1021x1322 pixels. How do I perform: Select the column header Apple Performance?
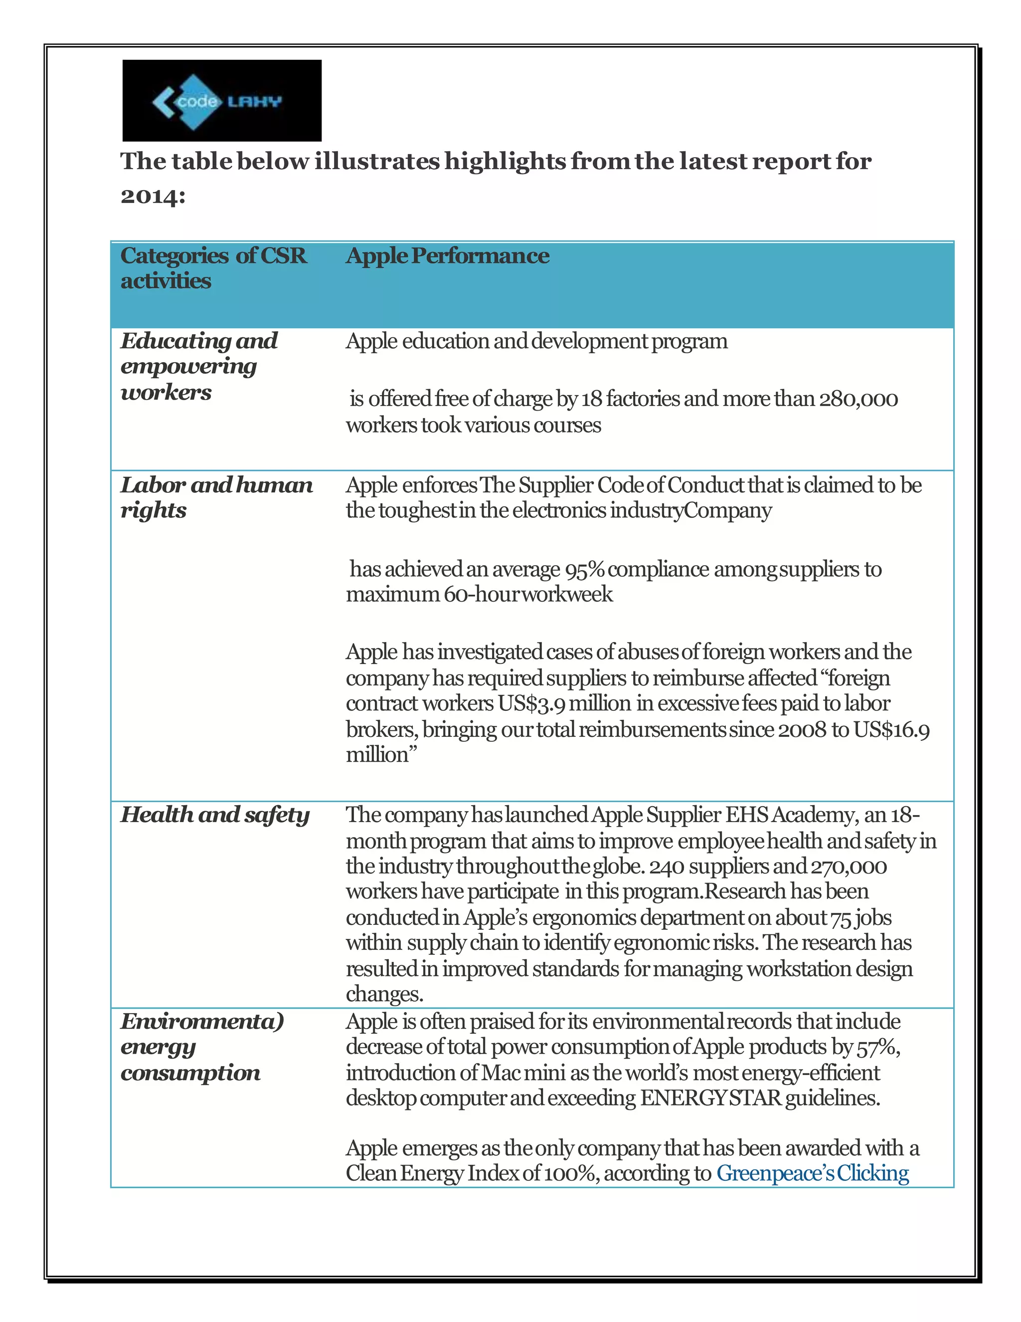point(447,255)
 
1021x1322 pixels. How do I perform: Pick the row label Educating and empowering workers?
point(198,366)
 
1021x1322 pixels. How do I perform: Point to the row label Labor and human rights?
point(216,497)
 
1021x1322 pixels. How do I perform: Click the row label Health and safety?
point(215,815)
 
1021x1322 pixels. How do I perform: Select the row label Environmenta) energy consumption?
point(201,1047)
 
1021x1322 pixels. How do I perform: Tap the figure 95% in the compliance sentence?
point(584,570)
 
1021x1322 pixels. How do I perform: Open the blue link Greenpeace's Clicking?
point(812,1173)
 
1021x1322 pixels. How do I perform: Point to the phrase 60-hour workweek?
point(528,595)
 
